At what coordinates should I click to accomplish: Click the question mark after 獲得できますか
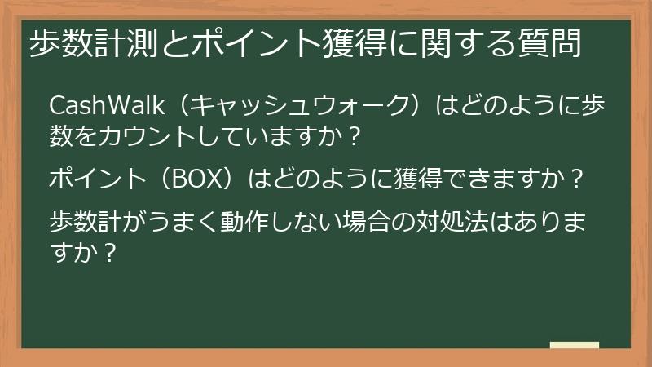[579, 177]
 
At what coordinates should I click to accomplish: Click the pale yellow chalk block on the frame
[574, 346]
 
